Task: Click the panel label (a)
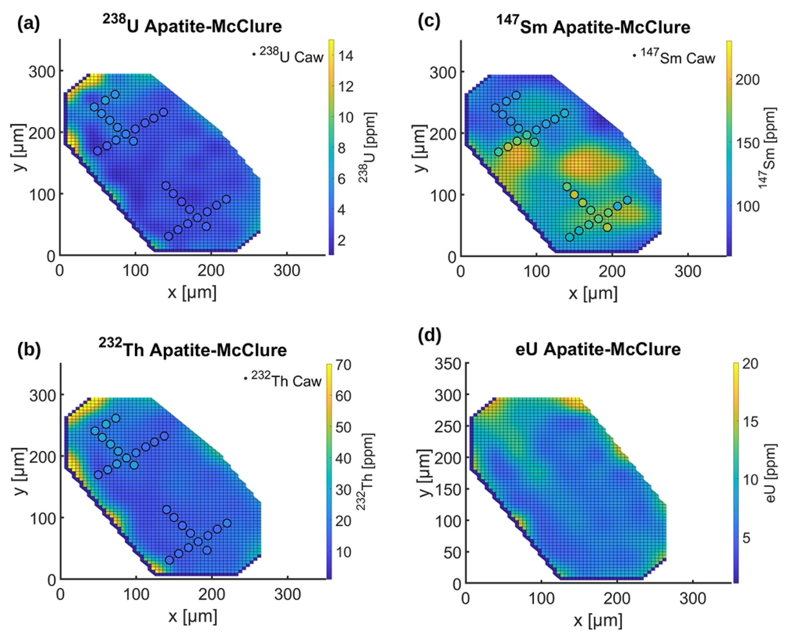click(28, 24)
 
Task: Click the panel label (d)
click(429, 336)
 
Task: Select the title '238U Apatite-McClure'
click(192, 25)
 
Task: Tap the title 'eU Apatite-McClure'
click(598, 349)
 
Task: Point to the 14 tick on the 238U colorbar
click(345, 56)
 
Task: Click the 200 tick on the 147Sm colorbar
click(747, 80)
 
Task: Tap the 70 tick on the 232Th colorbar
click(343, 365)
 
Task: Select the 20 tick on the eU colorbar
click(750, 364)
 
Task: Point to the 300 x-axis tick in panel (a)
click(287, 271)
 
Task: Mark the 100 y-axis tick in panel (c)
click(443, 195)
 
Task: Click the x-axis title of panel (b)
click(192, 617)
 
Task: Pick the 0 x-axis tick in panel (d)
click(466, 599)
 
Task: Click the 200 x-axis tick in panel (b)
click(212, 594)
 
